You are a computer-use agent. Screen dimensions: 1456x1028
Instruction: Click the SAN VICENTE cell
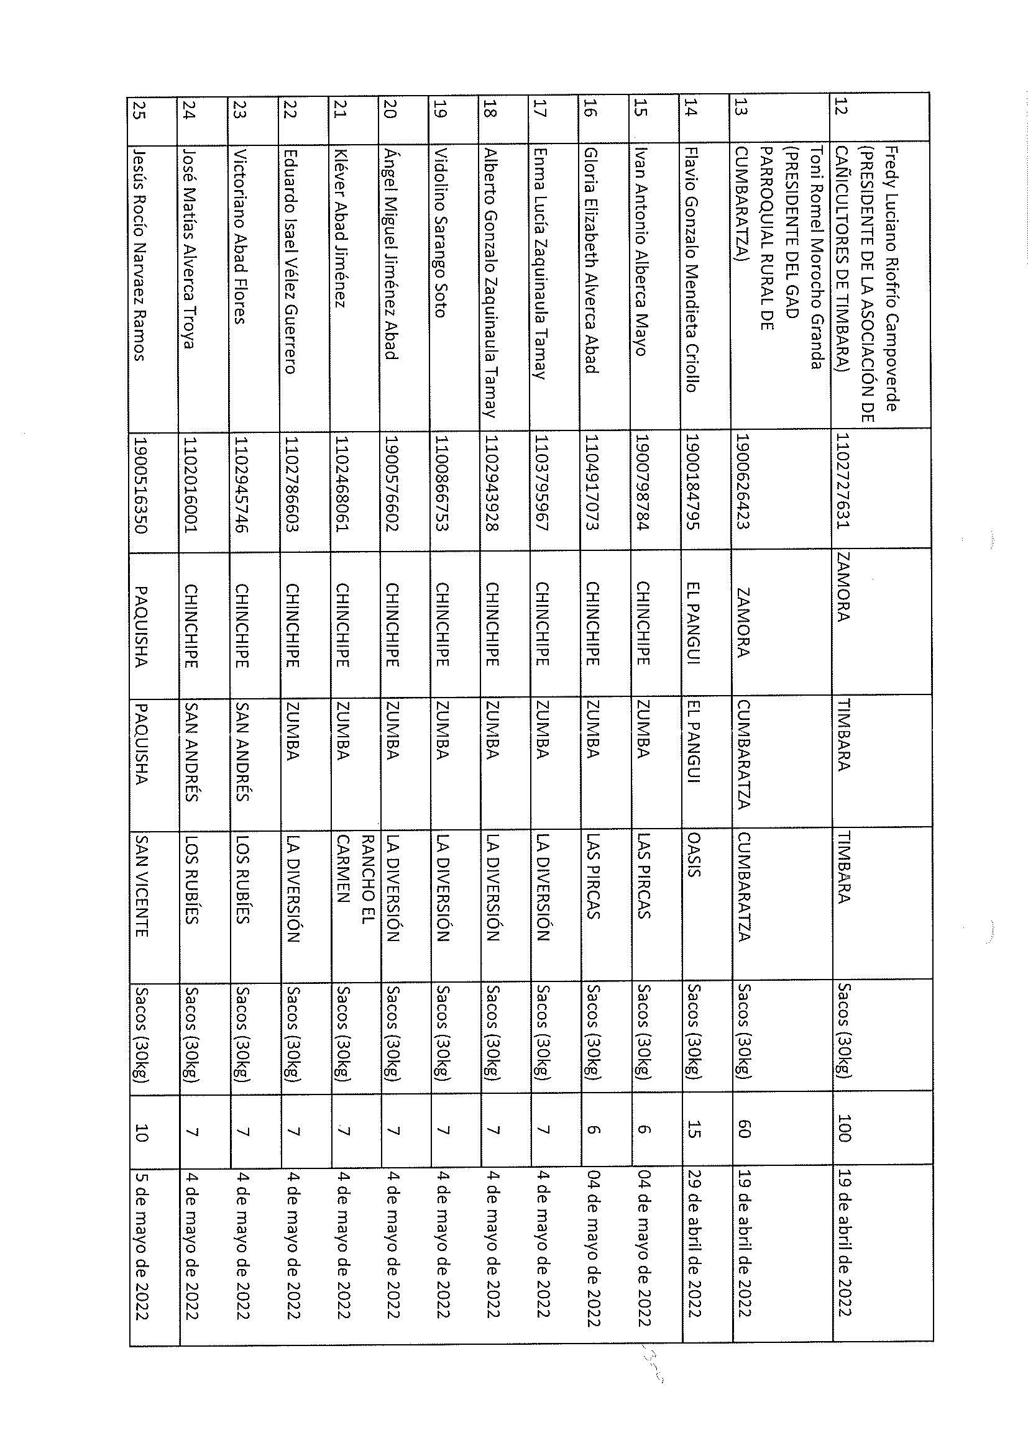pyautogui.click(x=141, y=886)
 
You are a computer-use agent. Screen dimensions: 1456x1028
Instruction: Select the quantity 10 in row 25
pyautogui.click(x=141, y=1129)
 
